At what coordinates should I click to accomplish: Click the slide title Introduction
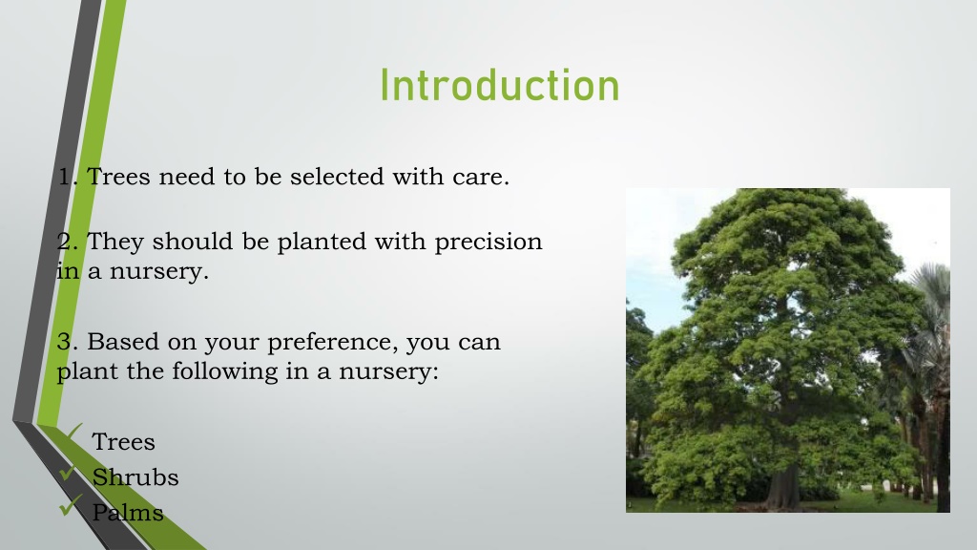(500, 85)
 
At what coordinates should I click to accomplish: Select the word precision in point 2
(488, 242)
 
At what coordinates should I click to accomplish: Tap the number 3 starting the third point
(64, 342)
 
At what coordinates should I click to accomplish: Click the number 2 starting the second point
(64, 242)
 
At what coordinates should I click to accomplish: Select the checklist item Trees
(123, 442)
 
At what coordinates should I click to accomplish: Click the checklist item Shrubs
(135, 477)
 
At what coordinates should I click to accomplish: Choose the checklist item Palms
(128, 513)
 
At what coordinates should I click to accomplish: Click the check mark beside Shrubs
(68, 473)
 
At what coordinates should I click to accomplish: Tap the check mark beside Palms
(70, 505)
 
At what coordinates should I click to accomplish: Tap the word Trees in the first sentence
(117, 177)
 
